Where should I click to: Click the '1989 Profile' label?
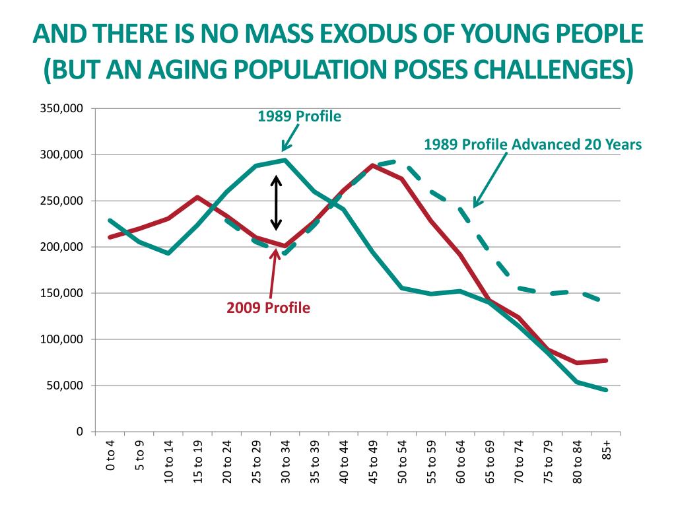click(x=299, y=117)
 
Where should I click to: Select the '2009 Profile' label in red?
click(x=268, y=308)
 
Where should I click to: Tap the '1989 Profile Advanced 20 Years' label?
click(x=532, y=145)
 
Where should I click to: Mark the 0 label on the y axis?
click(x=79, y=432)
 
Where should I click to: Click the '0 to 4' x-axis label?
click(x=110, y=459)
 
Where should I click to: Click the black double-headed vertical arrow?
click(x=277, y=203)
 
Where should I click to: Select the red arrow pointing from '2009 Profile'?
click(x=273, y=271)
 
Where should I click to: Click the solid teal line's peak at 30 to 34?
click(x=285, y=160)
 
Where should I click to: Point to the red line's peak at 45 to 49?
click(x=373, y=165)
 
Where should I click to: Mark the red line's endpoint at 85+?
click(x=606, y=360)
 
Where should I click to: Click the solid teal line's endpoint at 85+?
click(x=606, y=390)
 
